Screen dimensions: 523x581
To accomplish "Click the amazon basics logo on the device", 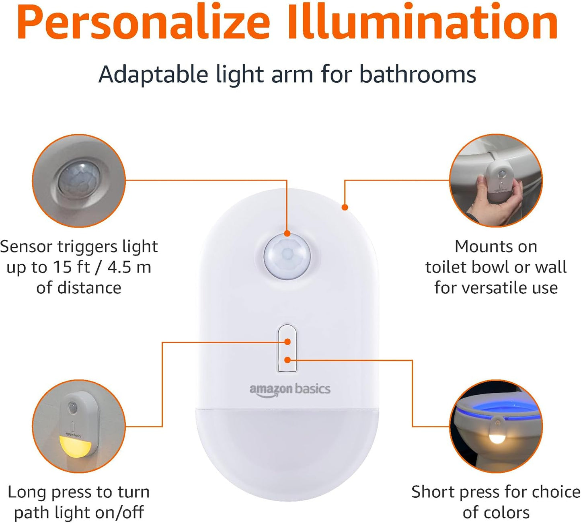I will coord(289,390).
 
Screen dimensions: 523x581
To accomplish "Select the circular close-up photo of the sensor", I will coord(79,181).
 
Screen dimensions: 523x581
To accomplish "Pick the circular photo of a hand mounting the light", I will coord(496,181).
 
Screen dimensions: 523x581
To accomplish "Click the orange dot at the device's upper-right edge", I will coord(345,207).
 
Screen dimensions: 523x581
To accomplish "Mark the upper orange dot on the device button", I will coord(287,342).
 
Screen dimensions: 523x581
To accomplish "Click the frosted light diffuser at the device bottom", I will coord(287,450).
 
